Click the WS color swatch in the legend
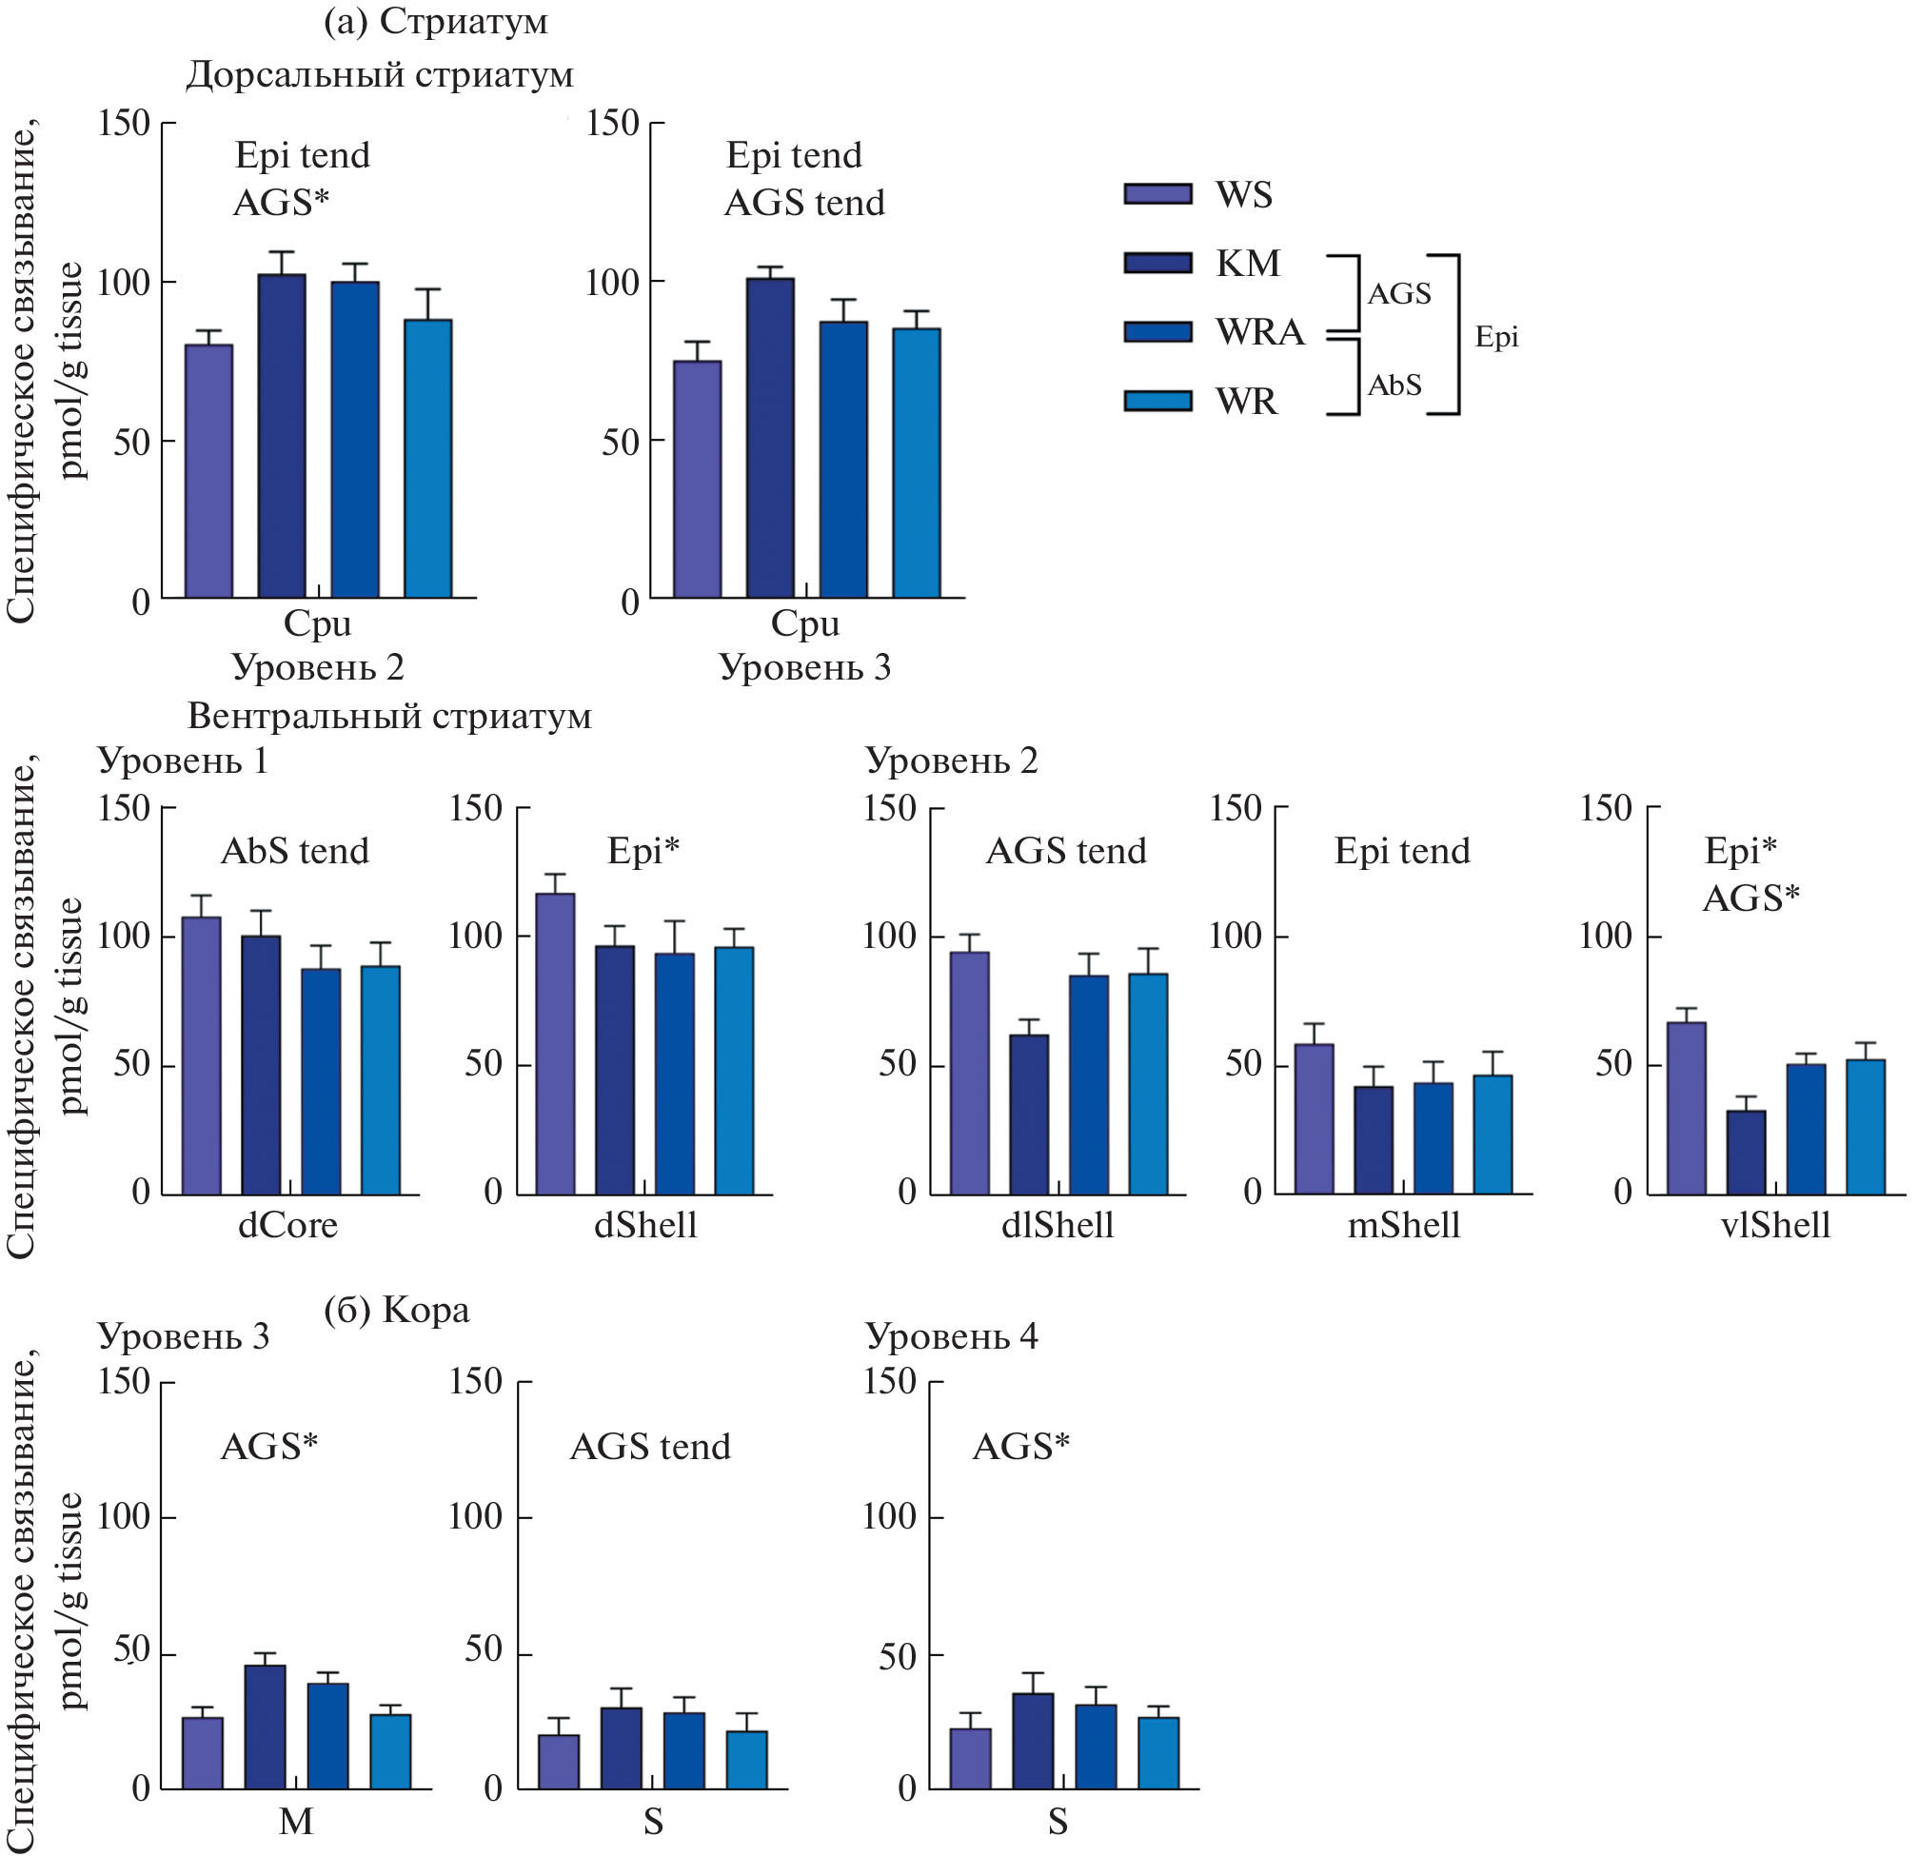1157,194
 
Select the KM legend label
1248,264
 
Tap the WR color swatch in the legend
1157,401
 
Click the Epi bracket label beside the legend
1496,337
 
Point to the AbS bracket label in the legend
1394,385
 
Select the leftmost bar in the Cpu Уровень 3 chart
698,480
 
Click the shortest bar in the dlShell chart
1028,1115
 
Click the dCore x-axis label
287,1225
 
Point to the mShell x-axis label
1403,1225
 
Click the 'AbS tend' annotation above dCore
294,851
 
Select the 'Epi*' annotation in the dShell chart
643,851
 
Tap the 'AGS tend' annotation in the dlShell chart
1066,851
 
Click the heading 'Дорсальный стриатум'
380,75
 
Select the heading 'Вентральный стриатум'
389,716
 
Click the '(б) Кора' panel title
396,1310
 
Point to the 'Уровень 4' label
951,1336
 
